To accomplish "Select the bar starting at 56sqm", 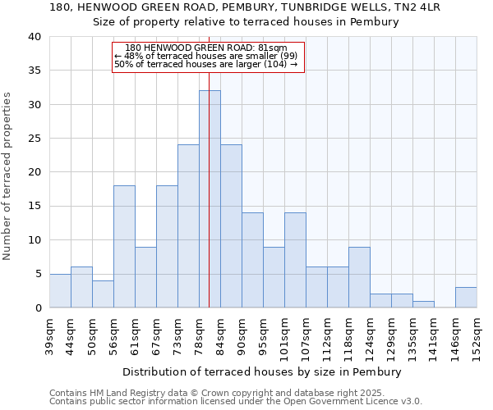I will point(124,247).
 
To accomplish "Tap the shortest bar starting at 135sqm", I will point(423,304).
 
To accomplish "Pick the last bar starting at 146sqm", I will point(466,298).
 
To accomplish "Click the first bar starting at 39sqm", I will point(60,291).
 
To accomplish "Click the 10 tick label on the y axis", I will point(35,240).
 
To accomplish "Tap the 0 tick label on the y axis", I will point(39,308).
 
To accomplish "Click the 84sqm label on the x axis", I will point(220,335).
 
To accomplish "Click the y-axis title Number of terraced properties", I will point(8,176).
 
